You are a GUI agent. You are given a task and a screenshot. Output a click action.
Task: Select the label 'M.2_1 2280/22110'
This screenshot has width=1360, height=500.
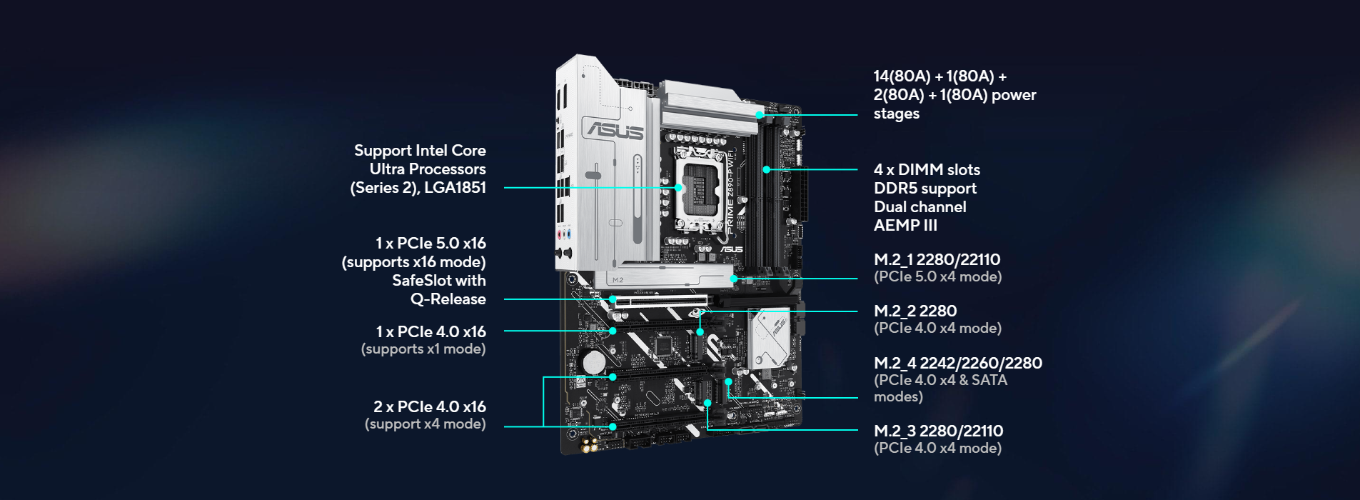pyautogui.click(x=937, y=259)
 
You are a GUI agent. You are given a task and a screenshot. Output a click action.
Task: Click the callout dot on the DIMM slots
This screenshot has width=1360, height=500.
pyautogui.click(x=766, y=169)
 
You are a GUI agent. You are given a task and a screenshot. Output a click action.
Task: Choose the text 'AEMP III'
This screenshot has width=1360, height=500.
pyautogui.click(x=905, y=225)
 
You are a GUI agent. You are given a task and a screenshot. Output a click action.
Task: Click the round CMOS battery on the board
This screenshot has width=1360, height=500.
pyautogui.click(x=594, y=362)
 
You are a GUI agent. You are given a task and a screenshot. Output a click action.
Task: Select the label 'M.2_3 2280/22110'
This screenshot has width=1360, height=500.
pyautogui.click(x=938, y=431)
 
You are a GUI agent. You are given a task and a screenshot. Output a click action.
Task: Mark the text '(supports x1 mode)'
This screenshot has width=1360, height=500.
pyautogui.click(x=423, y=349)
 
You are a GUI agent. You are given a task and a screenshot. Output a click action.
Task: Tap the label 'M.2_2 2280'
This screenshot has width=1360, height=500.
pyautogui.click(x=915, y=311)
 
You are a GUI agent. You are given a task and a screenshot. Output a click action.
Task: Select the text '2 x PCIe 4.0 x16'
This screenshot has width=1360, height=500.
pyautogui.click(x=430, y=406)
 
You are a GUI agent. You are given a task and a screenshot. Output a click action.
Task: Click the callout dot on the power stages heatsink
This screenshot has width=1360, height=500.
pyautogui.click(x=760, y=114)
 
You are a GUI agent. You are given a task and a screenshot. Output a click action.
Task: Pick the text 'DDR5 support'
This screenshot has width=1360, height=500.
pyautogui.click(x=925, y=188)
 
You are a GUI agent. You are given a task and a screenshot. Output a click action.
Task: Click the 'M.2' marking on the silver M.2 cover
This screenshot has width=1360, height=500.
pyautogui.click(x=618, y=280)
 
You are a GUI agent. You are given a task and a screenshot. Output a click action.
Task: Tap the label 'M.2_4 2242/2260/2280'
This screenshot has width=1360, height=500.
pyautogui.click(x=958, y=363)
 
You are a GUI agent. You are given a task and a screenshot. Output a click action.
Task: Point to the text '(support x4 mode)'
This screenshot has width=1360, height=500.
pyautogui.click(x=425, y=424)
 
